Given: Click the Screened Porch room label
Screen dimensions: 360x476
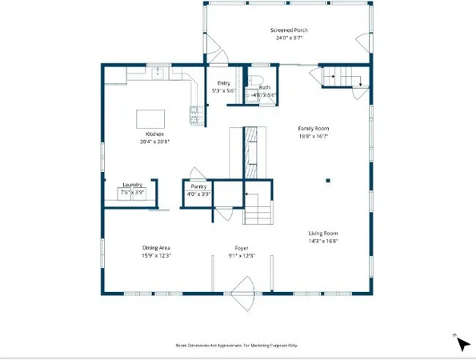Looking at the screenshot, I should [x=288, y=30].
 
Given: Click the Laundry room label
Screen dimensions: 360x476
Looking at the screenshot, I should [x=133, y=186].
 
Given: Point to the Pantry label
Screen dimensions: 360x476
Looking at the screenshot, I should [x=198, y=186].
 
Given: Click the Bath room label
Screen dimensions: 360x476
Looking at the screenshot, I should [x=264, y=87].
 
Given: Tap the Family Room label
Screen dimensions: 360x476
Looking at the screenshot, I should [x=314, y=128].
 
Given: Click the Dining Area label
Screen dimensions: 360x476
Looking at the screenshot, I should [x=156, y=248].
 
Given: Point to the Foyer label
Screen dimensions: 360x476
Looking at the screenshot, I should [x=241, y=248].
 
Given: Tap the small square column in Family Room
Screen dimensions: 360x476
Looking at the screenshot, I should [x=328, y=181].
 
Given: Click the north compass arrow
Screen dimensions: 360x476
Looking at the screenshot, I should [x=462, y=343].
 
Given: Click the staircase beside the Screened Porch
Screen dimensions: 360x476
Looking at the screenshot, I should [x=342, y=78].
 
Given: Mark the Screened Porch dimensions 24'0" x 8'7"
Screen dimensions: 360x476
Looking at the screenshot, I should [x=288, y=38].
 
